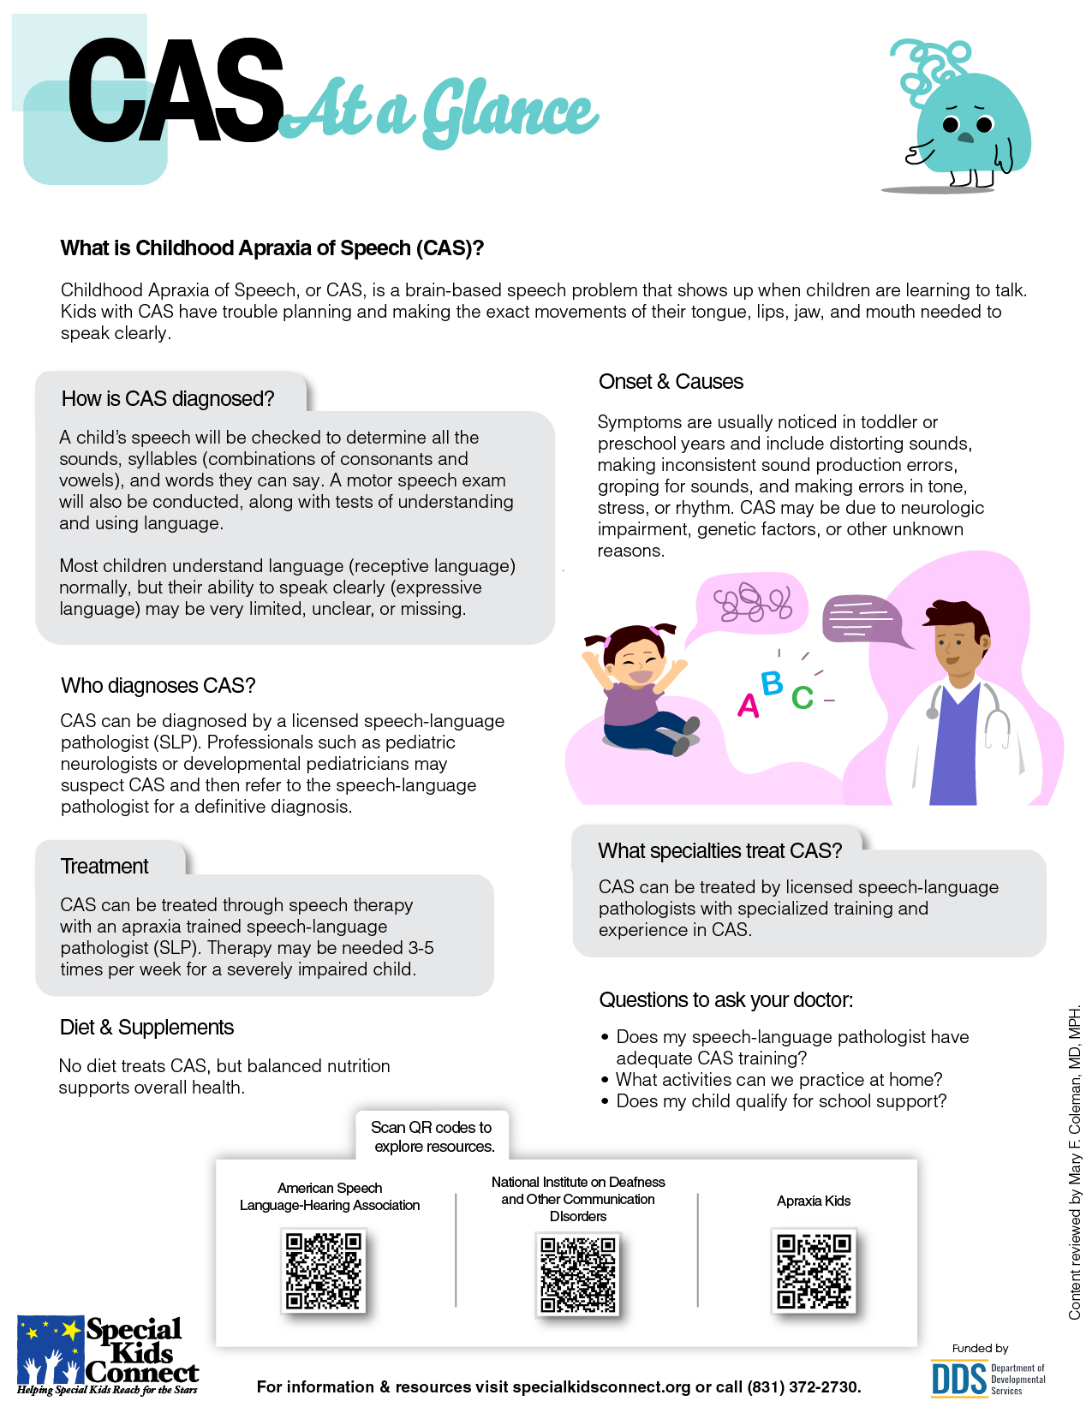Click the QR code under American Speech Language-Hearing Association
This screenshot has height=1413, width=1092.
click(x=324, y=1271)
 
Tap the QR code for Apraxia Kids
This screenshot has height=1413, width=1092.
click(x=814, y=1271)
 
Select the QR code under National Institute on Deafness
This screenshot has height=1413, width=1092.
click(x=578, y=1273)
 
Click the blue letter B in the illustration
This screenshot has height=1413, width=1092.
click(x=772, y=683)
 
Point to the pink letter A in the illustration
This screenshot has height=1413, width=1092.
click(x=749, y=706)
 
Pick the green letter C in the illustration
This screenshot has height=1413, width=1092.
click(x=802, y=698)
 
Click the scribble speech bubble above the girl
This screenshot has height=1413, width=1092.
click(x=751, y=603)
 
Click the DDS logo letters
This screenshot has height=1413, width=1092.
click(x=958, y=1380)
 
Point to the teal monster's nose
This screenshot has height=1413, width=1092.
click(x=965, y=137)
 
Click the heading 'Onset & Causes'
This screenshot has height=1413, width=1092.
click(x=671, y=382)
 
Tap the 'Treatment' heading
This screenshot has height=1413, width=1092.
click(x=104, y=867)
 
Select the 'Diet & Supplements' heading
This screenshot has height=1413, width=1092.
click(x=146, y=1028)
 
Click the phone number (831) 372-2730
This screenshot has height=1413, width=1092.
click(x=803, y=1387)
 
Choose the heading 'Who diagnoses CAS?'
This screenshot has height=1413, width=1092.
click(x=158, y=686)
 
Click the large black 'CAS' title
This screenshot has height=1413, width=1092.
click(x=176, y=92)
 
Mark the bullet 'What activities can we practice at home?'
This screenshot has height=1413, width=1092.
click(x=779, y=1080)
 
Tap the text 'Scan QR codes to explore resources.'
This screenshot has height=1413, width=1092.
click(x=433, y=1137)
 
